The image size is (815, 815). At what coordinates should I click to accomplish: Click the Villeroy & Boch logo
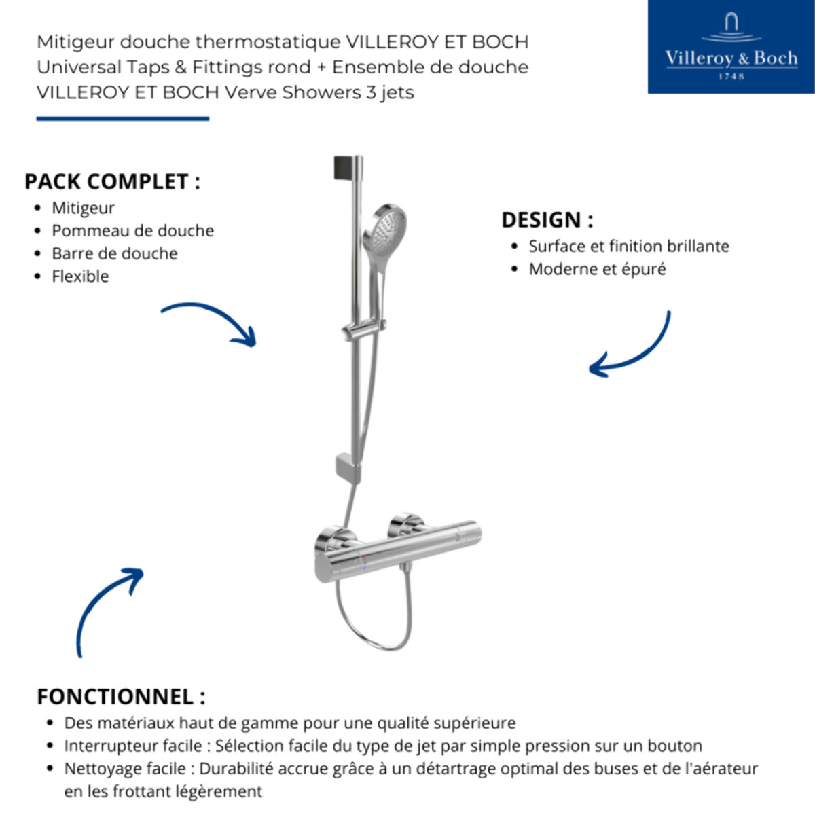coord(731,47)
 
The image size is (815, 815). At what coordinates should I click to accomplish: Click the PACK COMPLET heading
coord(112,182)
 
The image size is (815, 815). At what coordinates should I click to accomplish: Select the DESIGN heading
coord(547,220)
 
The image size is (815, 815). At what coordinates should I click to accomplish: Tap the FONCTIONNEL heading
coord(120,697)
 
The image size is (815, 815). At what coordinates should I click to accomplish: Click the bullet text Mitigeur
coord(83,208)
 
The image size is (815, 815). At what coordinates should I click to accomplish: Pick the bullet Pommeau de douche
coord(132,231)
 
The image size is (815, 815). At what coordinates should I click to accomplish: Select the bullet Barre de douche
coord(115,253)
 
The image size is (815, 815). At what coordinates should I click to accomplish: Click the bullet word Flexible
coord(80,276)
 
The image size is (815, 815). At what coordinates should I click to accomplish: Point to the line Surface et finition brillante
coord(628,246)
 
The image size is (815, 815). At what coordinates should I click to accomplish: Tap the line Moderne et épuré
coord(597,269)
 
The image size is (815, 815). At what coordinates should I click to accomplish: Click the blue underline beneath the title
coord(123,119)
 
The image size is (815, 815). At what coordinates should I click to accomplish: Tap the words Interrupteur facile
coord(132,746)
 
